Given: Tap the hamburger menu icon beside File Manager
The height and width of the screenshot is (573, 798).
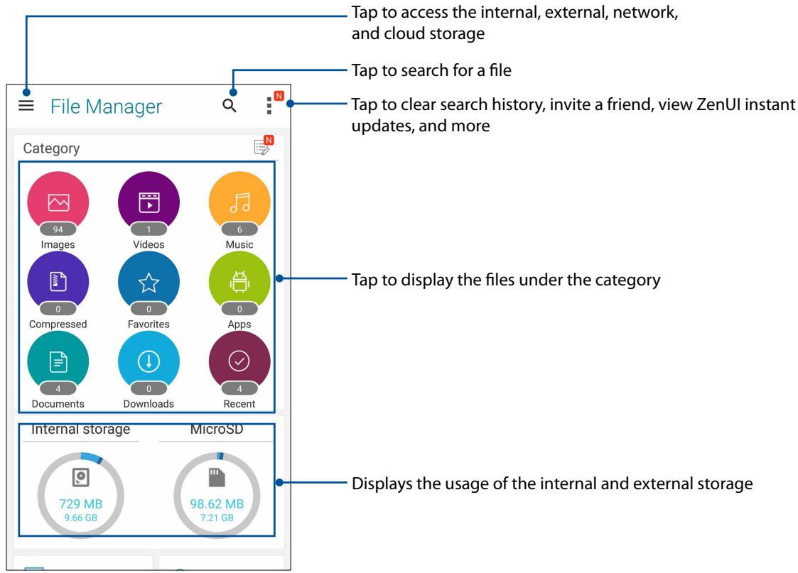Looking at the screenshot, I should tap(26, 107).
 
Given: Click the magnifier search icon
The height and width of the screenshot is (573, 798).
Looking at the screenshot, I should tap(229, 107).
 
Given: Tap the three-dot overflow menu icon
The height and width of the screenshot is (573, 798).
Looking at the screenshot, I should tap(269, 106).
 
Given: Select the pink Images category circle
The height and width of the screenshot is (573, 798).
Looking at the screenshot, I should tap(58, 203).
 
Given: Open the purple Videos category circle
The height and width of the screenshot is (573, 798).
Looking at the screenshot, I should tap(149, 203).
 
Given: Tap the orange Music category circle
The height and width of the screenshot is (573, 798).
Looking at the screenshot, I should tap(239, 203).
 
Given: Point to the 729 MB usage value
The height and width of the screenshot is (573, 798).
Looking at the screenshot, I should tap(80, 503).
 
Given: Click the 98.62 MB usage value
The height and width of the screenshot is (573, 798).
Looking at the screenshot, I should tap(217, 503).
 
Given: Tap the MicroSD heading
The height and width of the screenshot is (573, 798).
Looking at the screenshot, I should tap(217, 429).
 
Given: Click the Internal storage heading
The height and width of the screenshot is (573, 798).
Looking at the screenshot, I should tap(80, 429).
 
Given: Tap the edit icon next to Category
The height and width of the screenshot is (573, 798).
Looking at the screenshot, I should tap(262, 148).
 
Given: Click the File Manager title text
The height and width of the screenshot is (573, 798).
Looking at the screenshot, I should tap(106, 107).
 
